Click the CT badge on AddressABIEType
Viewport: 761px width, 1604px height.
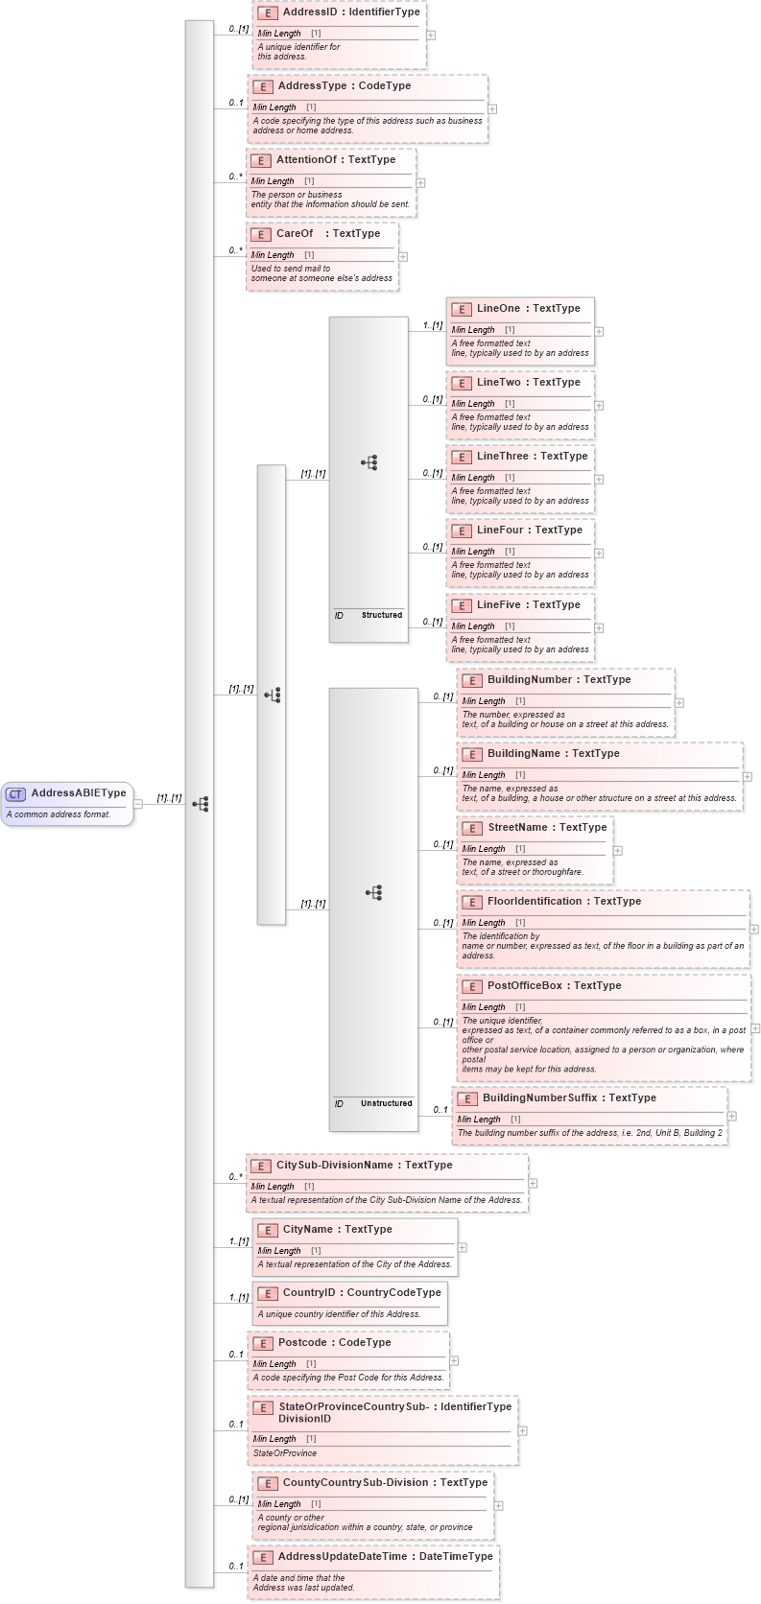click(x=15, y=794)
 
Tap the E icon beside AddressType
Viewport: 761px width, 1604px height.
click(x=262, y=86)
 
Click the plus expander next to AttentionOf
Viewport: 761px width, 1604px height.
click(x=420, y=182)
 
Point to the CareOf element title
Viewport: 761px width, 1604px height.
click(x=295, y=234)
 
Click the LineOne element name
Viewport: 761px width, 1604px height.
click(x=498, y=309)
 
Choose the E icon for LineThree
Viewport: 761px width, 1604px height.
click(x=461, y=457)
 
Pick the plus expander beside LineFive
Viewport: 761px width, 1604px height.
click(x=599, y=627)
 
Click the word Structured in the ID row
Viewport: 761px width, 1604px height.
click(x=382, y=615)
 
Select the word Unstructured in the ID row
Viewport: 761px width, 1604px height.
click(x=386, y=1103)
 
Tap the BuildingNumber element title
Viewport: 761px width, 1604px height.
click(x=530, y=680)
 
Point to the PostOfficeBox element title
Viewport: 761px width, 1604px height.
click(x=524, y=986)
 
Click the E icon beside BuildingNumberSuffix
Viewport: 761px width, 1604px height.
click(x=466, y=1098)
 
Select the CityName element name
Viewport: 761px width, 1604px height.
click(x=310, y=1230)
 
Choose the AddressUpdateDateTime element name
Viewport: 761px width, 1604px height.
click(x=343, y=1557)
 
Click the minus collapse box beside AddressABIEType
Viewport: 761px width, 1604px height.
click(x=138, y=804)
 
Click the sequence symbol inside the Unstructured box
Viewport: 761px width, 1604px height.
click(x=374, y=893)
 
